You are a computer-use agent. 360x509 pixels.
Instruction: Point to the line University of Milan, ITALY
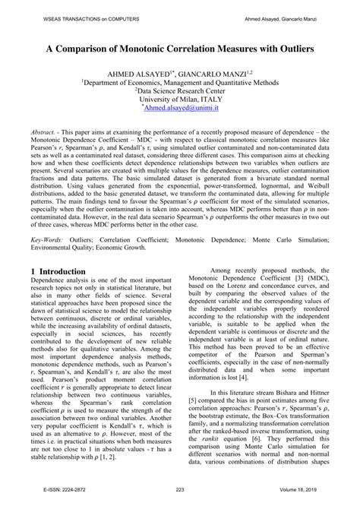(180, 99)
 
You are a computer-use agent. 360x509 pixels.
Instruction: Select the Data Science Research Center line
(180, 89)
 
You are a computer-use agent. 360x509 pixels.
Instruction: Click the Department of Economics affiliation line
(180, 80)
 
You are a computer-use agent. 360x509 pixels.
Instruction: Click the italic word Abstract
(44, 131)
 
